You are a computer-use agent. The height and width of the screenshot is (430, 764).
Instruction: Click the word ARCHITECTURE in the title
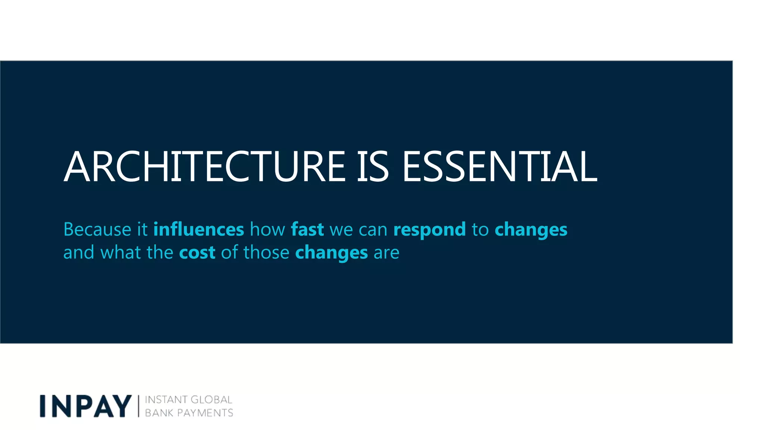click(205, 167)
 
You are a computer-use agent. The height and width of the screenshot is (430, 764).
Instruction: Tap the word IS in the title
click(373, 167)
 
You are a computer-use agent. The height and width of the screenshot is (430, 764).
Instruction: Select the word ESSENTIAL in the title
click(500, 167)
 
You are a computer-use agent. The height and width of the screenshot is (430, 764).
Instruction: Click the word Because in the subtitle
click(97, 229)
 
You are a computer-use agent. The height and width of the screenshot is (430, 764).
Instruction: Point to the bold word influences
click(198, 229)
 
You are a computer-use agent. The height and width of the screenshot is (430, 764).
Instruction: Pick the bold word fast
click(307, 229)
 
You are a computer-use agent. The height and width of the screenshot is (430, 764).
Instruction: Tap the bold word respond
click(429, 230)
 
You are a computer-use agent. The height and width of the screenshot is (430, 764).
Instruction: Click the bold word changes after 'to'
click(531, 230)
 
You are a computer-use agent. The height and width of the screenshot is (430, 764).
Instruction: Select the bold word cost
click(197, 253)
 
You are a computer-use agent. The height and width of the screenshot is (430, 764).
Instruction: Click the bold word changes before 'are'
click(331, 253)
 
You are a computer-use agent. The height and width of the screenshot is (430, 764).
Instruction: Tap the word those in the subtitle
click(266, 252)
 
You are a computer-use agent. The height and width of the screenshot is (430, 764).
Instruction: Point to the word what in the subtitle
click(120, 252)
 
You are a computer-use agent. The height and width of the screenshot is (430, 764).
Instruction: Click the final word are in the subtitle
click(386, 253)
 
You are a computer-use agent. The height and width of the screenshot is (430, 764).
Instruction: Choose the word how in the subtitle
click(267, 229)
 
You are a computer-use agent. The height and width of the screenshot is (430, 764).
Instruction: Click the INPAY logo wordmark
click(86, 406)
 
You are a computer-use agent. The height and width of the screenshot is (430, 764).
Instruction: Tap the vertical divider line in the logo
click(139, 406)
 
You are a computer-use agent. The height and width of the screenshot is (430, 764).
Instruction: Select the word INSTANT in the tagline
click(166, 400)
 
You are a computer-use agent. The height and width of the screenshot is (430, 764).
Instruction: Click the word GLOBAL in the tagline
click(212, 400)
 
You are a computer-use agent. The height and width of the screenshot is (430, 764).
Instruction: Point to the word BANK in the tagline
click(159, 413)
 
